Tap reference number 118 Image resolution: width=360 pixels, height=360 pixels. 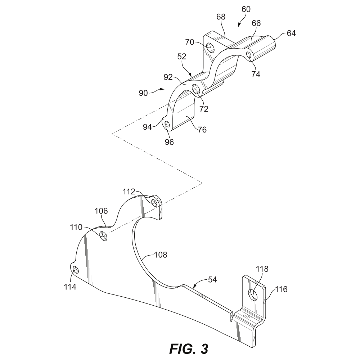point(262,269)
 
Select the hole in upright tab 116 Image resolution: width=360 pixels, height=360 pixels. point(254,294)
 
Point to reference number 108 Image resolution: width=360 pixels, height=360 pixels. point(161,255)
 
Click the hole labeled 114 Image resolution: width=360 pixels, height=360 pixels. point(76,270)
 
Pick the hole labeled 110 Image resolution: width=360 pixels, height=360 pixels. point(103,236)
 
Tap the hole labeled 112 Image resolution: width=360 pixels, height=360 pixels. point(155,202)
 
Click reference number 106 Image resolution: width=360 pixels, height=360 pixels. point(101,211)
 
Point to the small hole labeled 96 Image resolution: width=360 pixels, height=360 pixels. point(167,124)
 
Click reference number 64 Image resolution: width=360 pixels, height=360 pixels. point(291,33)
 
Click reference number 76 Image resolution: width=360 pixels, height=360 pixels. point(202,130)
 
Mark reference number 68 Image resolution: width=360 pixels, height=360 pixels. point(221,17)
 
